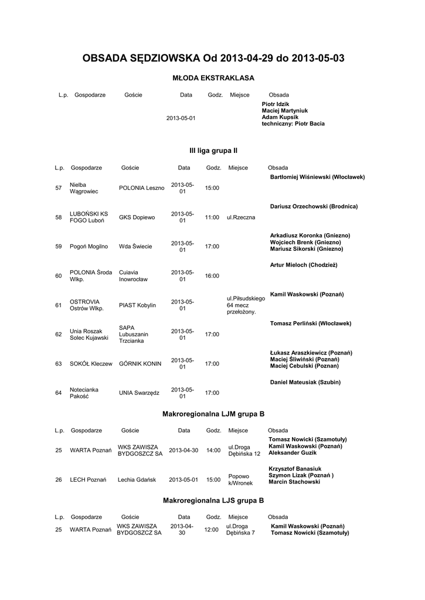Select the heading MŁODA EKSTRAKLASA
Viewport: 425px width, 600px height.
coord(213,77)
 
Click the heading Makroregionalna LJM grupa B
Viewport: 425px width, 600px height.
coord(213,414)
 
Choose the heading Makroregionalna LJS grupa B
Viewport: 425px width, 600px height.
coord(213,501)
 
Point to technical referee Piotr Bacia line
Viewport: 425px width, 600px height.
coord(293,124)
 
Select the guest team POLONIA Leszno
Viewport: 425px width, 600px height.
coord(141,187)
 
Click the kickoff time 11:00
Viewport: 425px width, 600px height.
coord(212,217)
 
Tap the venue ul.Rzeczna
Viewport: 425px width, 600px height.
coord(241,217)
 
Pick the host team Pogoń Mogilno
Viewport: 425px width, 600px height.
coord(89,247)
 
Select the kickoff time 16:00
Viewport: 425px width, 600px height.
coord(212,276)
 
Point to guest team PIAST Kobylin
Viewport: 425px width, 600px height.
coord(137,305)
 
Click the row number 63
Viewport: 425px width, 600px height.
coord(58,364)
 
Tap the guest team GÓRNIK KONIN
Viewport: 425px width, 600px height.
coord(140,364)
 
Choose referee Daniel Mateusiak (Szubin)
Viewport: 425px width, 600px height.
coord(305,382)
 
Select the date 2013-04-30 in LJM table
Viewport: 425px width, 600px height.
coord(183,451)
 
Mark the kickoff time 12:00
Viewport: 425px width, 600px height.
coord(211,530)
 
